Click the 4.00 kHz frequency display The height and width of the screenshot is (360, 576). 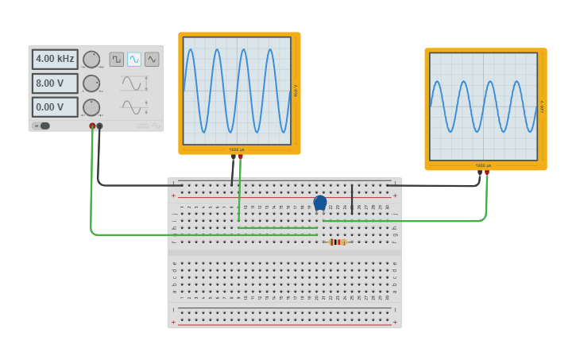click(x=55, y=59)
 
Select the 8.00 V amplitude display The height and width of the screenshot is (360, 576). click(x=55, y=83)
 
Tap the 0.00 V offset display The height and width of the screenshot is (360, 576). click(x=55, y=107)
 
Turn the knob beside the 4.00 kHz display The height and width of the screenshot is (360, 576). click(x=91, y=60)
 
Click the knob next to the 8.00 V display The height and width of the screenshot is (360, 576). click(x=91, y=83)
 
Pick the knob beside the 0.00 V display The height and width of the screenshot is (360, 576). click(x=91, y=107)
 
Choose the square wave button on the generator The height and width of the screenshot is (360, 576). click(x=117, y=59)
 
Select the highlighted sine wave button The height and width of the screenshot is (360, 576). click(x=134, y=59)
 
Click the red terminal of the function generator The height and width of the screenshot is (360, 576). click(x=92, y=126)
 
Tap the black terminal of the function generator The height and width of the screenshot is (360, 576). click(x=99, y=126)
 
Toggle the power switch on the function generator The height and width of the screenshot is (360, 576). click(x=44, y=126)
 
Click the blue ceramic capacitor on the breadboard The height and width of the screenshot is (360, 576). click(x=320, y=203)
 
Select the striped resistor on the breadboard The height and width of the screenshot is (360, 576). click(x=336, y=242)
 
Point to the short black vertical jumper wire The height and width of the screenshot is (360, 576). click(x=352, y=199)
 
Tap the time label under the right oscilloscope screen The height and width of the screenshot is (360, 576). click(x=483, y=165)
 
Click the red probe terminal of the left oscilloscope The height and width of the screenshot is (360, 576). click(x=241, y=157)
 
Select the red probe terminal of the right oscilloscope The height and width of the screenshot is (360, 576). click(x=487, y=172)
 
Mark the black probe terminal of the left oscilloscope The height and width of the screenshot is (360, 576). click(x=233, y=157)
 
